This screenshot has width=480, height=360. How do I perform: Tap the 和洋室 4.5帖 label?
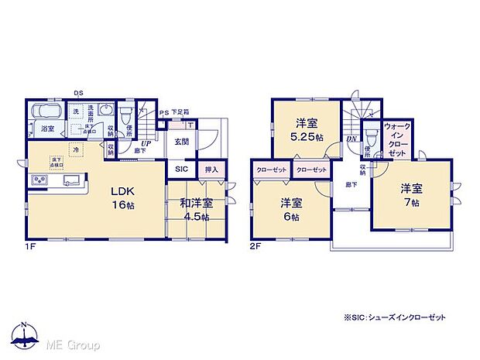tap(194, 210)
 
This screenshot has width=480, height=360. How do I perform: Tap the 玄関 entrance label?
tap(181, 141)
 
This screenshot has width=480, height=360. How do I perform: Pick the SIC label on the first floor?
tap(180, 169)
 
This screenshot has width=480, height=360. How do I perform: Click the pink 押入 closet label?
tap(211, 169)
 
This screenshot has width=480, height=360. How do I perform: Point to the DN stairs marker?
tap(351, 139)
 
